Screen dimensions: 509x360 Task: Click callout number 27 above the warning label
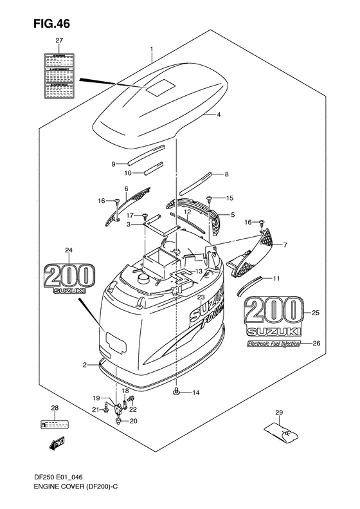click(x=60, y=41)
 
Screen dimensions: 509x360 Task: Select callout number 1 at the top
click(x=151, y=49)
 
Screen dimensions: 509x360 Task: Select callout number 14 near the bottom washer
click(x=196, y=393)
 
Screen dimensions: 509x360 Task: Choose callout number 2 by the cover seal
click(x=84, y=365)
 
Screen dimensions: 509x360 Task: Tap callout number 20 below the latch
click(x=134, y=421)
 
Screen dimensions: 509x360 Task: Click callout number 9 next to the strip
click(x=113, y=164)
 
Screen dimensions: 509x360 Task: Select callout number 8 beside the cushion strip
click(x=226, y=174)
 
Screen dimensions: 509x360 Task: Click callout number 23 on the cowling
click(x=201, y=297)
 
